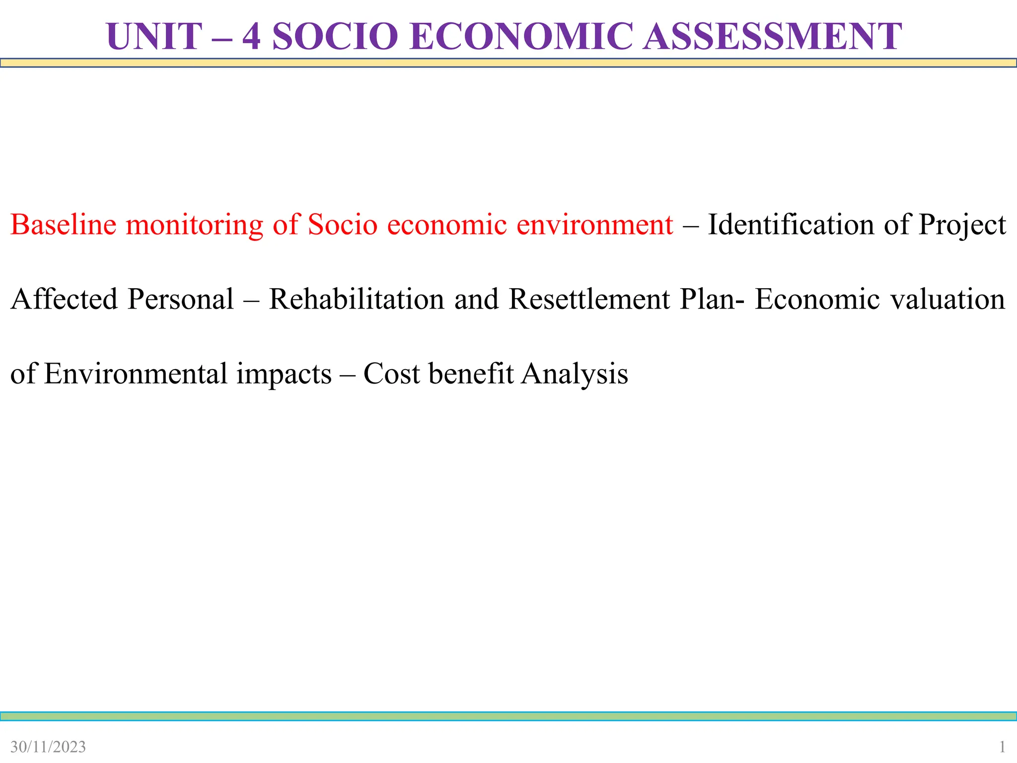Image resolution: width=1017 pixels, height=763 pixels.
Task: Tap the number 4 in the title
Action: [251, 37]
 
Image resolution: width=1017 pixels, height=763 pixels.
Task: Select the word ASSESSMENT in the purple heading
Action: [772, 37]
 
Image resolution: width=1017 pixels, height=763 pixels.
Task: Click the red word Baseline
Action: [63, 225]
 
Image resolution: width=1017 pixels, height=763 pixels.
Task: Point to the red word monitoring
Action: [194, 226]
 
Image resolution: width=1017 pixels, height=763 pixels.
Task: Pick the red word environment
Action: [594, 225]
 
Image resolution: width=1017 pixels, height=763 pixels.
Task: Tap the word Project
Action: [962, 226]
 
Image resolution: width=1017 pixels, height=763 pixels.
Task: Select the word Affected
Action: [64, 299]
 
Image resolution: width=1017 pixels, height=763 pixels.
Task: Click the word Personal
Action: [180, 299]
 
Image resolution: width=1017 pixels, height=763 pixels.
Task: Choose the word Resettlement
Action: [589, 299]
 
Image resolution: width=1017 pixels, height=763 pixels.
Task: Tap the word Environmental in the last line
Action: [135, 374]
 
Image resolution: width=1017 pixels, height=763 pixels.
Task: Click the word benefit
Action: [471, 374]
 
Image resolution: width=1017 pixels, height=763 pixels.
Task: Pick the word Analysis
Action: [575, 375]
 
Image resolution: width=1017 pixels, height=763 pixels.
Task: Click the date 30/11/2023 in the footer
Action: [48, 747]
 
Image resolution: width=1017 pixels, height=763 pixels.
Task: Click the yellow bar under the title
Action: [508, 63]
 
